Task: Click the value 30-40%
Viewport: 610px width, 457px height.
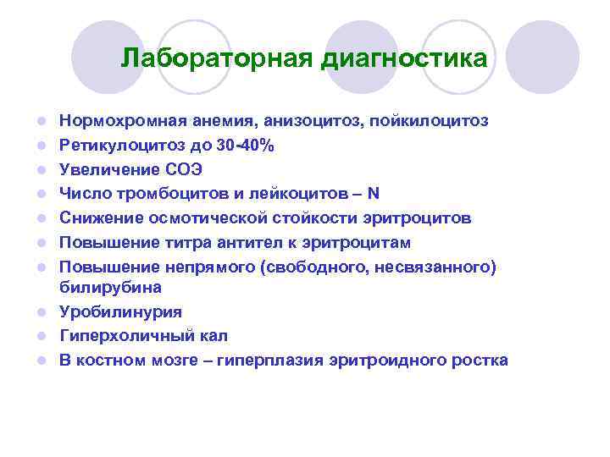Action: coord(247,146)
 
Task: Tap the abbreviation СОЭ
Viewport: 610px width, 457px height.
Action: coord(183,170)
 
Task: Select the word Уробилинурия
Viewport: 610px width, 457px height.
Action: coord(109,311)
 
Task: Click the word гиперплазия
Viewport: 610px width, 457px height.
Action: coord(269,361)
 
